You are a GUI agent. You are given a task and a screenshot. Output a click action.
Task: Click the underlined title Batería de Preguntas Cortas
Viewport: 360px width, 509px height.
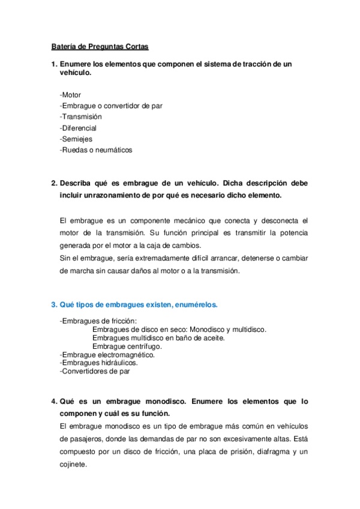click(99, 46)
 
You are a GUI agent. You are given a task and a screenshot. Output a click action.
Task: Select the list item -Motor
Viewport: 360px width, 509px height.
click(71, 95)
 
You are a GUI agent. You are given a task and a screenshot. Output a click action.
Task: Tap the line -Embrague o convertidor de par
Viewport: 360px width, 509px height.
click(111, 106)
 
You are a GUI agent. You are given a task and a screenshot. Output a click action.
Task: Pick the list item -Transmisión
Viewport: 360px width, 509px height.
click(81, 116)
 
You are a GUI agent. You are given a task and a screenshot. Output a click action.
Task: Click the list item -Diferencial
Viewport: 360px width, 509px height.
click(79, 128)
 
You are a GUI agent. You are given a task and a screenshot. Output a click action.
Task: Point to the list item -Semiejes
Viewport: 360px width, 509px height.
click(76, 139)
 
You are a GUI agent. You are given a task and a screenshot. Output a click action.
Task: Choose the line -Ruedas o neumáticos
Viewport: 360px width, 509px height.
click(96, 149)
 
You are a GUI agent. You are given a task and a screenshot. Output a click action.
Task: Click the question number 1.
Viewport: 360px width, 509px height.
click(53, 64)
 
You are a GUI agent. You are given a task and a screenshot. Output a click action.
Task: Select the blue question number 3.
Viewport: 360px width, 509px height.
click(53, 305)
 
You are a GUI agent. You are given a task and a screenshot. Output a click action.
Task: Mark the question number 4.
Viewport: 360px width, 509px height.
click(53, 401)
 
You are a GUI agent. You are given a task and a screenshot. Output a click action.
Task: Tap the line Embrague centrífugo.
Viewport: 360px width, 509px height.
click(127, 346)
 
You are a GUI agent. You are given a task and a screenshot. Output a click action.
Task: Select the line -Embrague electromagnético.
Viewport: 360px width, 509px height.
click(107, 355)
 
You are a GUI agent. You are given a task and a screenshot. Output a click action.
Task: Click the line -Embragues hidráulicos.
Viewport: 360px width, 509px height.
click(99, 363)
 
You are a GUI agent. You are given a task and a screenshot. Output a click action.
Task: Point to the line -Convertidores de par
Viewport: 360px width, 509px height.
click(95, 371)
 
